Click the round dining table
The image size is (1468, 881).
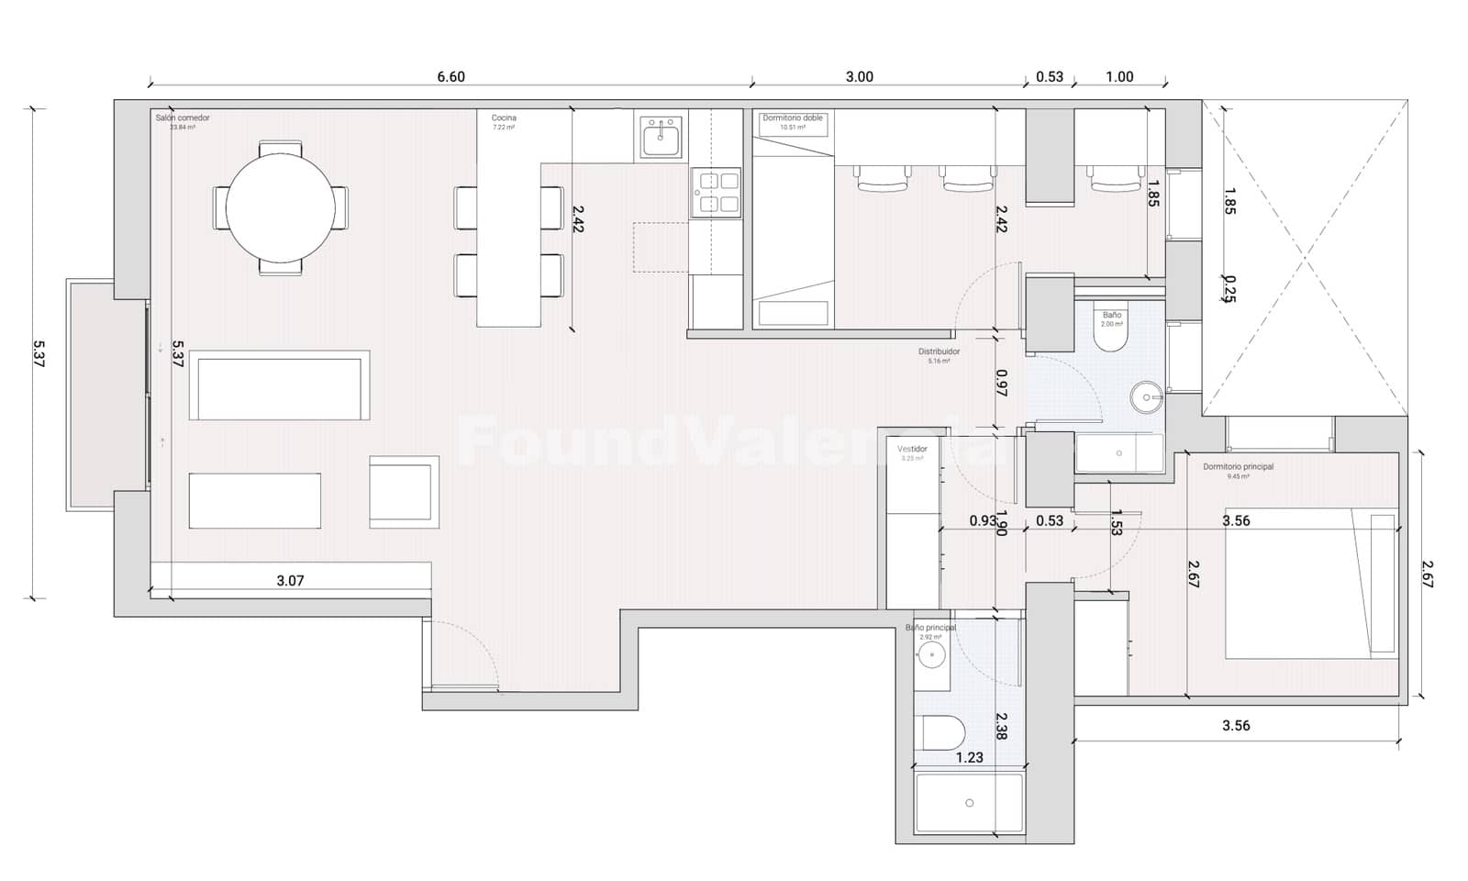280,207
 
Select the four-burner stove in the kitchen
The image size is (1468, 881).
717,193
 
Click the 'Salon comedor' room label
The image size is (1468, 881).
182,118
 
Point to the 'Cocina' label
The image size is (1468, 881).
504,118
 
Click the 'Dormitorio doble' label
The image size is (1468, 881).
793,118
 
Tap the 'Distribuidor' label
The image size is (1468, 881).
939,351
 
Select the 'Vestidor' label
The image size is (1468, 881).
912,449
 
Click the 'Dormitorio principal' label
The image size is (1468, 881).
1238,467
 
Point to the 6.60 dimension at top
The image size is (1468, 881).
450,77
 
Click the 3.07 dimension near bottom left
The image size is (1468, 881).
290,580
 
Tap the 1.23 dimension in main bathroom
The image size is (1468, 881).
969,757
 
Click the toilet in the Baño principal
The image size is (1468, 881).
942,732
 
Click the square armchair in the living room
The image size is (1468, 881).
404,491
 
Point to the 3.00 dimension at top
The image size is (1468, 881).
859,77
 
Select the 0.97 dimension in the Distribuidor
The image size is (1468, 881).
1001,382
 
